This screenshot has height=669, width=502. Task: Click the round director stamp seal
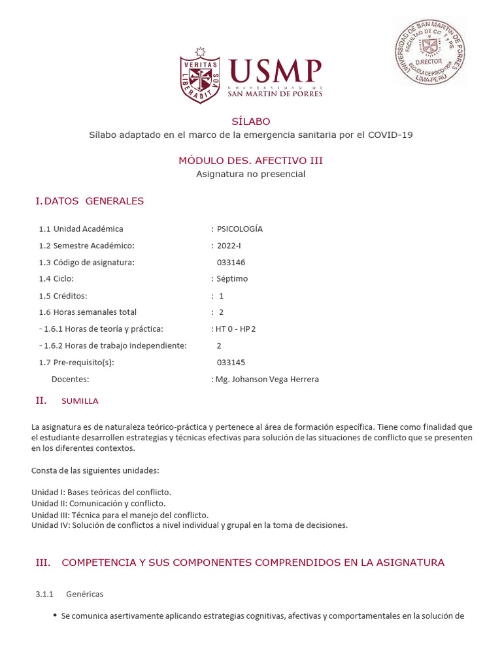click(429, 51)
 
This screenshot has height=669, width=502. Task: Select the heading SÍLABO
click(250, 122)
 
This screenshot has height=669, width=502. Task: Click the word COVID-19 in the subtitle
click(390, 135)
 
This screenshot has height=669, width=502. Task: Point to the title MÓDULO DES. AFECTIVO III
click(250, 161)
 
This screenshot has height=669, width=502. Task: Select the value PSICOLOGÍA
click(239, 229)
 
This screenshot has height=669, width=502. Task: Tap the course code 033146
click(231, 262)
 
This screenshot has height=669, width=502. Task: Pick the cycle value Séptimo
click(232, 278)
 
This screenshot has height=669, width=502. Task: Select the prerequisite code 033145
click(231, 362)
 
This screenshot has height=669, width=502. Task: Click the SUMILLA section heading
click(80, 400)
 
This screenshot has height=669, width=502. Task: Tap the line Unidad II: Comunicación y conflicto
click(98, 503)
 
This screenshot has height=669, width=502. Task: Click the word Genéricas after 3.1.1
click(84, 594)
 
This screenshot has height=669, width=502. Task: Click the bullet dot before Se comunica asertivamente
click(55, 615)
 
